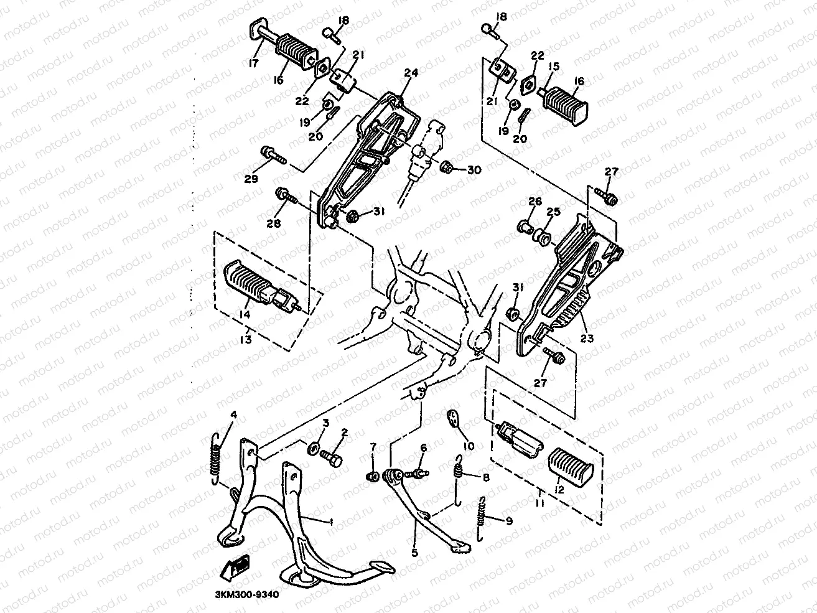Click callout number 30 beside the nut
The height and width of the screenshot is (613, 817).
coord(474,169)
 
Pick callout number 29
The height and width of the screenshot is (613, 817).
coord(250,179)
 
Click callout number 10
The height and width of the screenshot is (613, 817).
coord(469,446)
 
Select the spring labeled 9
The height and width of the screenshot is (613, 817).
coord(482,517)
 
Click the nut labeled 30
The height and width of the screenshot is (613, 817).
coord(446,167)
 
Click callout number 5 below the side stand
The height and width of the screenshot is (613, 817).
coord(415,551)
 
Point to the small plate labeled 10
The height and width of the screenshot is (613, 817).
coord(454,419)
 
